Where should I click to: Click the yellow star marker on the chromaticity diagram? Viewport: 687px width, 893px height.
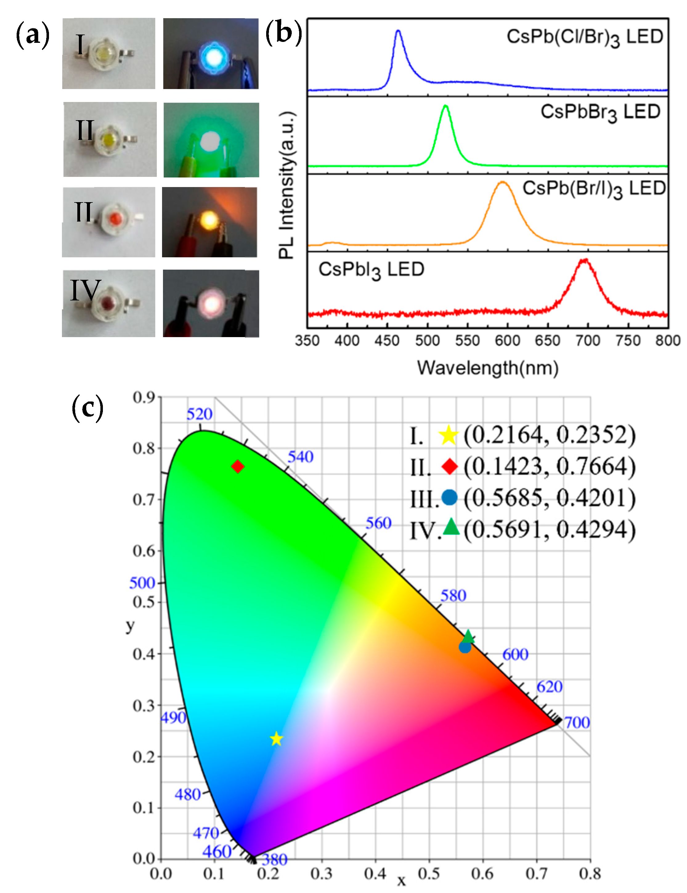pos(276,739)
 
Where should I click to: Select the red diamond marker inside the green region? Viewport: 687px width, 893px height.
pos(238,467)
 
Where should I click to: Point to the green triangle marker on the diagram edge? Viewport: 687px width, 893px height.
pos(468,637)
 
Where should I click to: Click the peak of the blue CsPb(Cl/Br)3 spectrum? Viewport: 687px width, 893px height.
pos(398,31)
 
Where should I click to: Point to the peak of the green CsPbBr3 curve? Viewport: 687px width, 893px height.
pos(445,106)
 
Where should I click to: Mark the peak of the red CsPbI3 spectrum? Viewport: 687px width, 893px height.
pos(584,260)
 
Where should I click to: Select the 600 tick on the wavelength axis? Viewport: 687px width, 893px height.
pos(507,340)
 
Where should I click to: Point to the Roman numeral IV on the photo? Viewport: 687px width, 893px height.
pos(85,290)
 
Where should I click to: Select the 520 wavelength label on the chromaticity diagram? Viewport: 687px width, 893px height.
pos(199,414)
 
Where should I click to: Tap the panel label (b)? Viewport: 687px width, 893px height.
pos(284,33)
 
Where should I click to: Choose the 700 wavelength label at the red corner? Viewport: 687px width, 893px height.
pos(577,723)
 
